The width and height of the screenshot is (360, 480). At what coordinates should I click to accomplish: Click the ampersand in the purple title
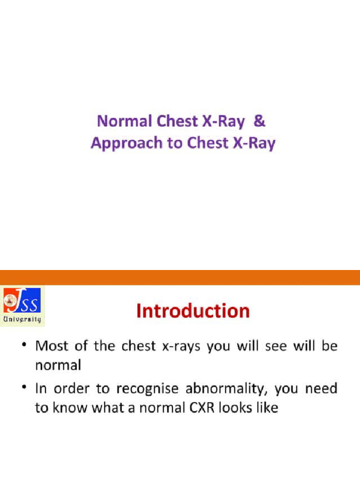260,121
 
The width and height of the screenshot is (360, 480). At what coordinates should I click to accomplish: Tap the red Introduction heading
193,311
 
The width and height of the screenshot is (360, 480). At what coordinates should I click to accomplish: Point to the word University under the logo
22,320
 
